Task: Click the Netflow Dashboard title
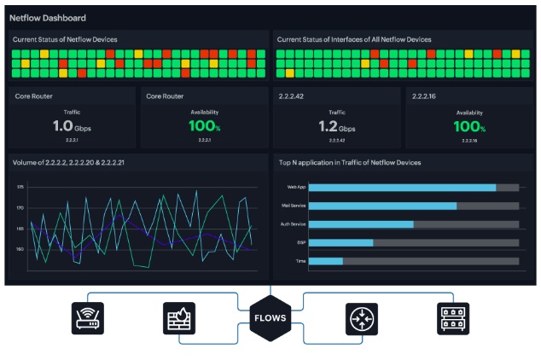pyautogui.click(x=48, y=18)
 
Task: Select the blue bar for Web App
pyautogui.click(x=402, y=187)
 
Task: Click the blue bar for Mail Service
pyautogui.click(x=382, y=206)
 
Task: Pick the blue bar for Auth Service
pyautogui.click(x=361, y=224)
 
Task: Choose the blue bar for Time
pyautogui.click(x=325, y=261)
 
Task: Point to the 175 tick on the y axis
pyautogui.click(x=19, y=187)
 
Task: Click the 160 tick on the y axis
pyautogui.click(x=19, y=249)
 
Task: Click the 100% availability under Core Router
pyautogui.click(x=204, y=127)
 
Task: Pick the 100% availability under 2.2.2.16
pyautogui.click(x=469, y=127)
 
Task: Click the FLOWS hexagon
pyautogui.click(x=270, y=318)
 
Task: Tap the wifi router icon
pyautogui.click(x=87, y=318)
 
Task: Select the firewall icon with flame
pyautogui.click(x=179, y=318)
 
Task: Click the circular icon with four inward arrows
pyautogui.click(x=361, y=318)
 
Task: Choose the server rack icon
pyautogui.click(x=452, y=318)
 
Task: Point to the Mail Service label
pyautogui.click(x=293, y=206)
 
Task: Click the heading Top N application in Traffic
pyautogui.click(x=349, y=162)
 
